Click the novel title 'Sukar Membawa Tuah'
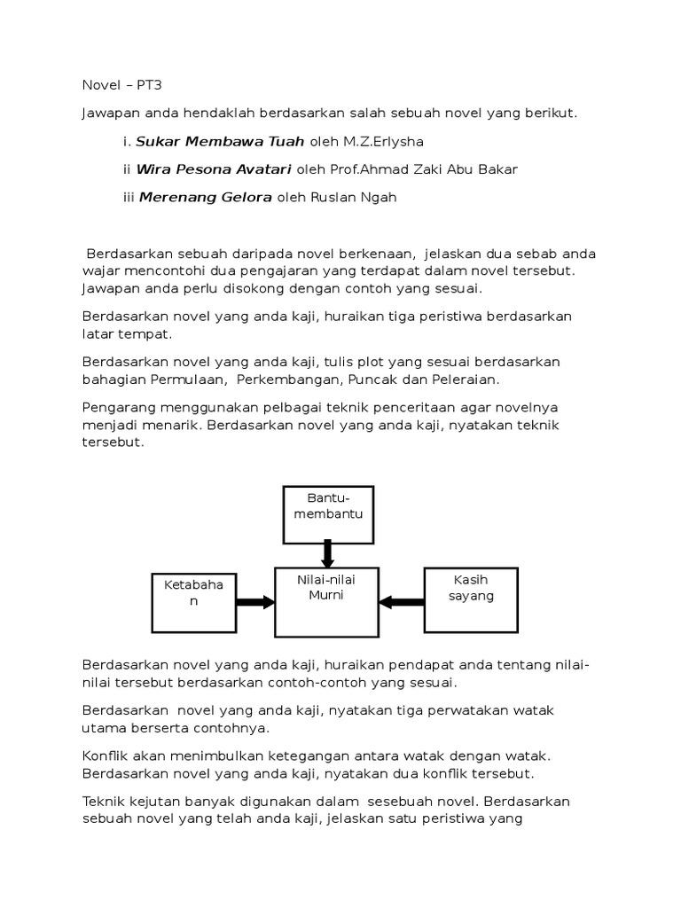point(220,141)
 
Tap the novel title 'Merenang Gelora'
point(205,198)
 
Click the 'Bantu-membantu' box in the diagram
point(328,514)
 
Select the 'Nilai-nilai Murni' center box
point(327,601)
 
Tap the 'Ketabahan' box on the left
point(192,602)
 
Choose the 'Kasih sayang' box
point(471,599)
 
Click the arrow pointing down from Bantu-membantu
point(327,554)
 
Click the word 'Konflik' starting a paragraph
point(106,755)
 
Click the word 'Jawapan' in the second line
point(110,113)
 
